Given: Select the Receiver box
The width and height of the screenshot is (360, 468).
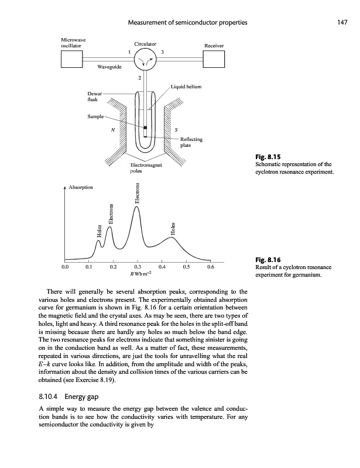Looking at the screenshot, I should (x=214, y=58).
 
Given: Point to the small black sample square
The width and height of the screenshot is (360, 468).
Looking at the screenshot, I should (x=145, y=128).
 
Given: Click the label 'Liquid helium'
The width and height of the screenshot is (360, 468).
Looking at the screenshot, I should (x=186, y=87).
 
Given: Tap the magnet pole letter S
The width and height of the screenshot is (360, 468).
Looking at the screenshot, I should (x=177, y=130).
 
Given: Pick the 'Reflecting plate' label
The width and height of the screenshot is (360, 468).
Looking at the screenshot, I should (x=191, y=142).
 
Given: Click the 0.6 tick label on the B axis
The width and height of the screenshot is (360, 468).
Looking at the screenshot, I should (x=211, y=267).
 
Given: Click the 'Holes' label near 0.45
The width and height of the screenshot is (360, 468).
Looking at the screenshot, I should (x=173, y=228).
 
